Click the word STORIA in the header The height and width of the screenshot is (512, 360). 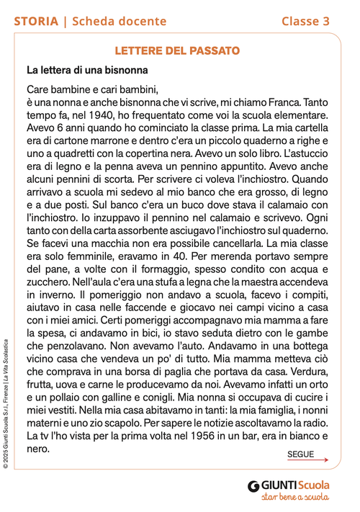click(36, 22)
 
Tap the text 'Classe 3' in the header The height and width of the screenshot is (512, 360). click(305, 22)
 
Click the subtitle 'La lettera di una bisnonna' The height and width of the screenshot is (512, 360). click(87, 71)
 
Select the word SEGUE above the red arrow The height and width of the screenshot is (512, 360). click(300, 455)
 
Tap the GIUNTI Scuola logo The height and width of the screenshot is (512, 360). click(288, 485)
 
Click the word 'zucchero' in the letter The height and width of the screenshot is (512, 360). click(48, 282)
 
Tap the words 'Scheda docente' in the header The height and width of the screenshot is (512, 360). click(120, 22)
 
